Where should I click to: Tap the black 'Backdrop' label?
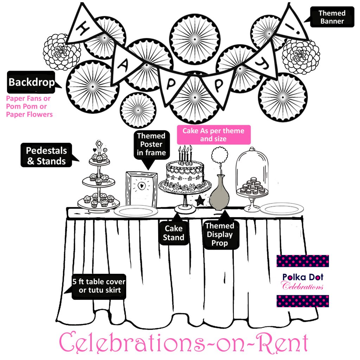click(x=31, y=82)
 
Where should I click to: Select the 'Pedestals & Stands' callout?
click(x=46, y=156)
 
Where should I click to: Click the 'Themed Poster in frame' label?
click(x=151, y=144)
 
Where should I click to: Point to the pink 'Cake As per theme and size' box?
click(x=213, y=134)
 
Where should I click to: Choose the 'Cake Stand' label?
click(x=174, y=233)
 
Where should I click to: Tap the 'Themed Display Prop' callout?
click(x=220, y=234)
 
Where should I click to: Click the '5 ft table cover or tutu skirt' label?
click(x=99, y=286)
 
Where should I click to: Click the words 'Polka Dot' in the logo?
click(x=303, y=277)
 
